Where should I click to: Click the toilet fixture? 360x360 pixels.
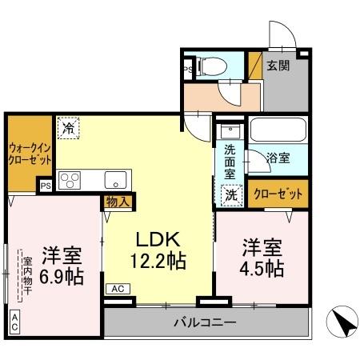pyautogui.click(x=214, y=66)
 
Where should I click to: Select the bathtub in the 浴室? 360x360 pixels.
pyautogui.click(x=275, y=130)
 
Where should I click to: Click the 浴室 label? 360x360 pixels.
pyautogui.click(x=279, y=158)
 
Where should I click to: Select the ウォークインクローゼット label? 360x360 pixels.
pyautogui.click(x=30, y=153)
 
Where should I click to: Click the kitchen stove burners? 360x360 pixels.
pyautogui.click(x=67, y=180)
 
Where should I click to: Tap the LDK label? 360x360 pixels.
pyautogui.click(x=158, y=238)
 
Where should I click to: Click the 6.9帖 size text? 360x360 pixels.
pyautogui.click(x=62, y=277)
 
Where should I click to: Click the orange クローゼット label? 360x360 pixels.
pyautogui.click(x=278, y=194)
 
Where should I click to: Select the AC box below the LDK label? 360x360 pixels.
pyautogui.click(x=117, y=289)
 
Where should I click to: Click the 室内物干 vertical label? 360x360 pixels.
pyautogui.click(x=26, y=276)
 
